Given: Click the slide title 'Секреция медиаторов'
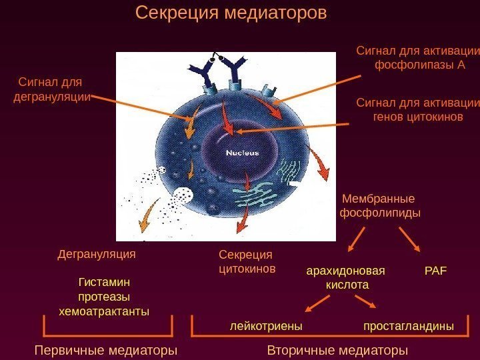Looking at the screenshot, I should click(231, 13).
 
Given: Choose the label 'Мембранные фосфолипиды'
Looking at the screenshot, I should click(380, 206).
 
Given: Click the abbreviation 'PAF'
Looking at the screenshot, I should click(435, 271).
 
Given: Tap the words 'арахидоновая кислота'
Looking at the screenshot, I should click(346, 278).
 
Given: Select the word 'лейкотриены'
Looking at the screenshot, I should click(266, 327).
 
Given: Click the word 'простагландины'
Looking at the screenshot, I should click(408, 327).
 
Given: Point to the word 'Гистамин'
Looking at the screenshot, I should click(104, 283).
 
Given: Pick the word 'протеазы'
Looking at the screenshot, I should click(104, 297).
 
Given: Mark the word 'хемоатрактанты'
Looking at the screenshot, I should click(104, 311).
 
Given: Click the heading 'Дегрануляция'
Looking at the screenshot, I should click(97, 254).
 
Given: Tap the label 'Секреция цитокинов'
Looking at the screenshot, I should click(247, 262).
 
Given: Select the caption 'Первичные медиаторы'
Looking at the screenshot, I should click(105, 350).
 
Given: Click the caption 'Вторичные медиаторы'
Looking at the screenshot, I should click(337, 350).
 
